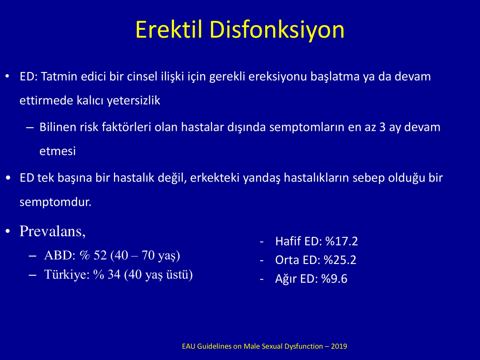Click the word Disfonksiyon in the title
(x=277, y=31)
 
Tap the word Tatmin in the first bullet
(x=59, y=76)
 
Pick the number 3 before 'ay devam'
(x=382, y=127)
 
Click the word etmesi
(x=58, y=151)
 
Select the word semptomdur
(x=55, y=202)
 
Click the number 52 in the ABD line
(x=100, y=255)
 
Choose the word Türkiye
(x=67, y=274)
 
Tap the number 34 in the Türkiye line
(x=114, y=274)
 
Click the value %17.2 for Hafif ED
(x=342, y=241)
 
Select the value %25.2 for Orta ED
(x=340, y=260)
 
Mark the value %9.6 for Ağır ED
(x=334, y=279)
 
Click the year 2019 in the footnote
(x=339, y=346)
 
